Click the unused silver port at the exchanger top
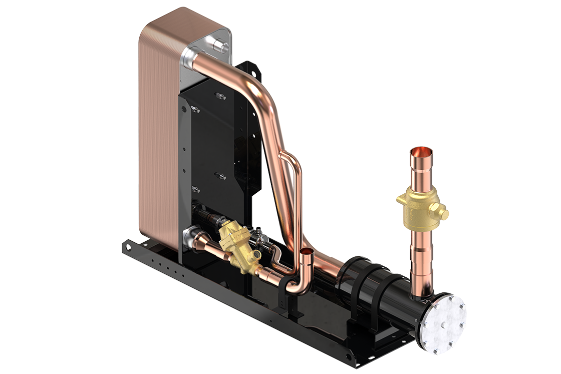click(220, 47)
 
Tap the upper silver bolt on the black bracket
click(218, 96)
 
